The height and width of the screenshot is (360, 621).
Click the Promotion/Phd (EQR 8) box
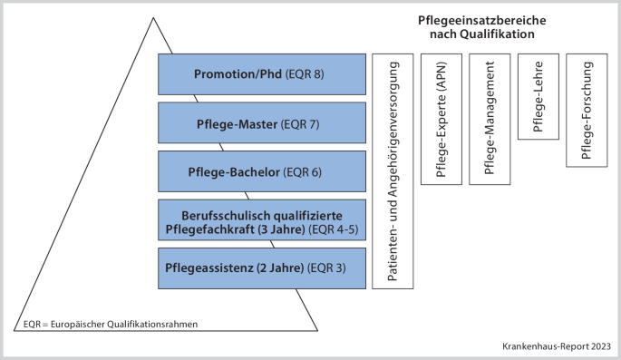[x=262, y=73]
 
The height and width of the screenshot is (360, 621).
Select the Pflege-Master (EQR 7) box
[x=262, y=122]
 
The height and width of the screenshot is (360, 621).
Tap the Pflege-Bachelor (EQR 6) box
[x=262, y=171]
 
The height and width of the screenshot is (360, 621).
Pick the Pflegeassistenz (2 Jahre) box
[x=262, y=268]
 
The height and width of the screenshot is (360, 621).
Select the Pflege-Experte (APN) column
[x=441, y=118]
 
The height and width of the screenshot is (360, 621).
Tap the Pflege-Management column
[x=490, y=118]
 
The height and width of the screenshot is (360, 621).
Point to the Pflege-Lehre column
[x=539, y=96]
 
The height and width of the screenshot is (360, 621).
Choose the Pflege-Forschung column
[x=587, y=110]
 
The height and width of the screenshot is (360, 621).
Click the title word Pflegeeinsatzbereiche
[x=481, y=19]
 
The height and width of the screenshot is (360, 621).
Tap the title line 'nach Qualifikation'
[x=481, y=34]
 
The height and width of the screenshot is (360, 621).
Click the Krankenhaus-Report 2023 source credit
[x=557, y=346]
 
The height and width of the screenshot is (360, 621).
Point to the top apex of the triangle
[x=165, y=16]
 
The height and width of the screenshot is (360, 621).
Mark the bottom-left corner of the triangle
[x=15, y=331]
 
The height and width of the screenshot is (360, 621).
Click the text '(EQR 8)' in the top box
[x=304, y=73]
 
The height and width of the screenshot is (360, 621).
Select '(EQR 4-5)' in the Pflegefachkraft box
[x=336, y=229]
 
